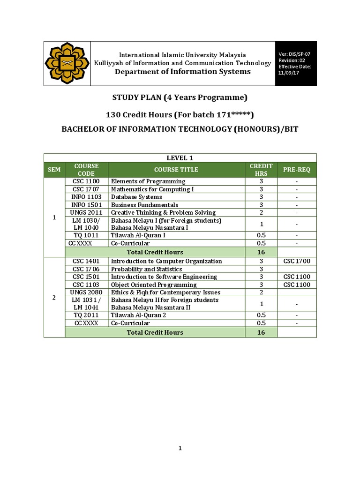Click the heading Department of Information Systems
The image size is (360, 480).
pos(183,72)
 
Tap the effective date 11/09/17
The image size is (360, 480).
pos(289,73)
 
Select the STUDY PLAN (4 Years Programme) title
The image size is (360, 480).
pos(180,97)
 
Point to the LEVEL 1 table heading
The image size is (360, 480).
pos(180,157)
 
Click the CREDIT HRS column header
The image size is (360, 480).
pos(261,170)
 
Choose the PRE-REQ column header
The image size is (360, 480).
pos(297,170)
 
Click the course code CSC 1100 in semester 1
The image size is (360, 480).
pos(86,181)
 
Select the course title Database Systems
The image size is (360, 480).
pos(136,197)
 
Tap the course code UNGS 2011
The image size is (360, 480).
pos(86,213)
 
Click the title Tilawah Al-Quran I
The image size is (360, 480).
pos(138,235)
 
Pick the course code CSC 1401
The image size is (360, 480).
pos(86,261)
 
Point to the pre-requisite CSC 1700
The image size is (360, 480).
pos(297,261)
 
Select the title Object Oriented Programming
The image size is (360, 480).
pos(154,285)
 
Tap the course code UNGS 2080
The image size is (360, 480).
pos(86,292)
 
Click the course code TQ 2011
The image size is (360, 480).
pos(86,315)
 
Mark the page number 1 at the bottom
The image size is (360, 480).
pos(180,449)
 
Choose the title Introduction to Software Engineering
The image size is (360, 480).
pos(164,277)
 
